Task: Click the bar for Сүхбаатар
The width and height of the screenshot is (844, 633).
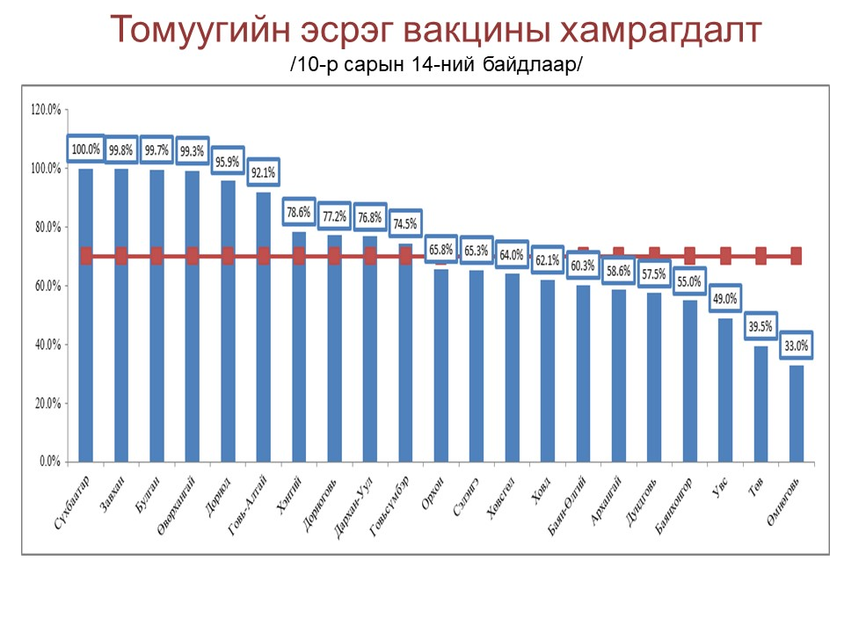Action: pyautogui.click(x=86, y=316)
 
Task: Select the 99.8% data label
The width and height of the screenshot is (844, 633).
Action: pyautogui.click(x=121, y=150)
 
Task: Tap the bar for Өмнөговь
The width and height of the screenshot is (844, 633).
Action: pyautogui.click(x=796, y=413)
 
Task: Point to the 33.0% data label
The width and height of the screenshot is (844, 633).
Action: pyautogui.click(x=796, y=346)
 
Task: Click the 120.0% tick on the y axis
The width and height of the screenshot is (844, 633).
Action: pyautogui.click(x=45, y=110)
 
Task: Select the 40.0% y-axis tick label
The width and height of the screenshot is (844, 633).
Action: pyautogui.click(x=47, y=345)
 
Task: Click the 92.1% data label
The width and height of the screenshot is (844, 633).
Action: pyautogui.click(x=264, y=173)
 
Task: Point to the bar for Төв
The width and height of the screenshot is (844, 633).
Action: pyautogui.click(x=760, y=404)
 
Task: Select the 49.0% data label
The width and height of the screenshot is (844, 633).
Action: pyautogui.click(x=725, y=299)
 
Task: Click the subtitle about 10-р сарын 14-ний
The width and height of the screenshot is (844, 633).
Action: pyautogui.click(x=436, y=67)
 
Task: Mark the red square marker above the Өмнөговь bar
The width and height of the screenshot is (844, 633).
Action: pyautogui.click(x=796, y=256)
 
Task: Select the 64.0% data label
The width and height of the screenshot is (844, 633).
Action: pyautogui.click(x=512, y=255)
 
